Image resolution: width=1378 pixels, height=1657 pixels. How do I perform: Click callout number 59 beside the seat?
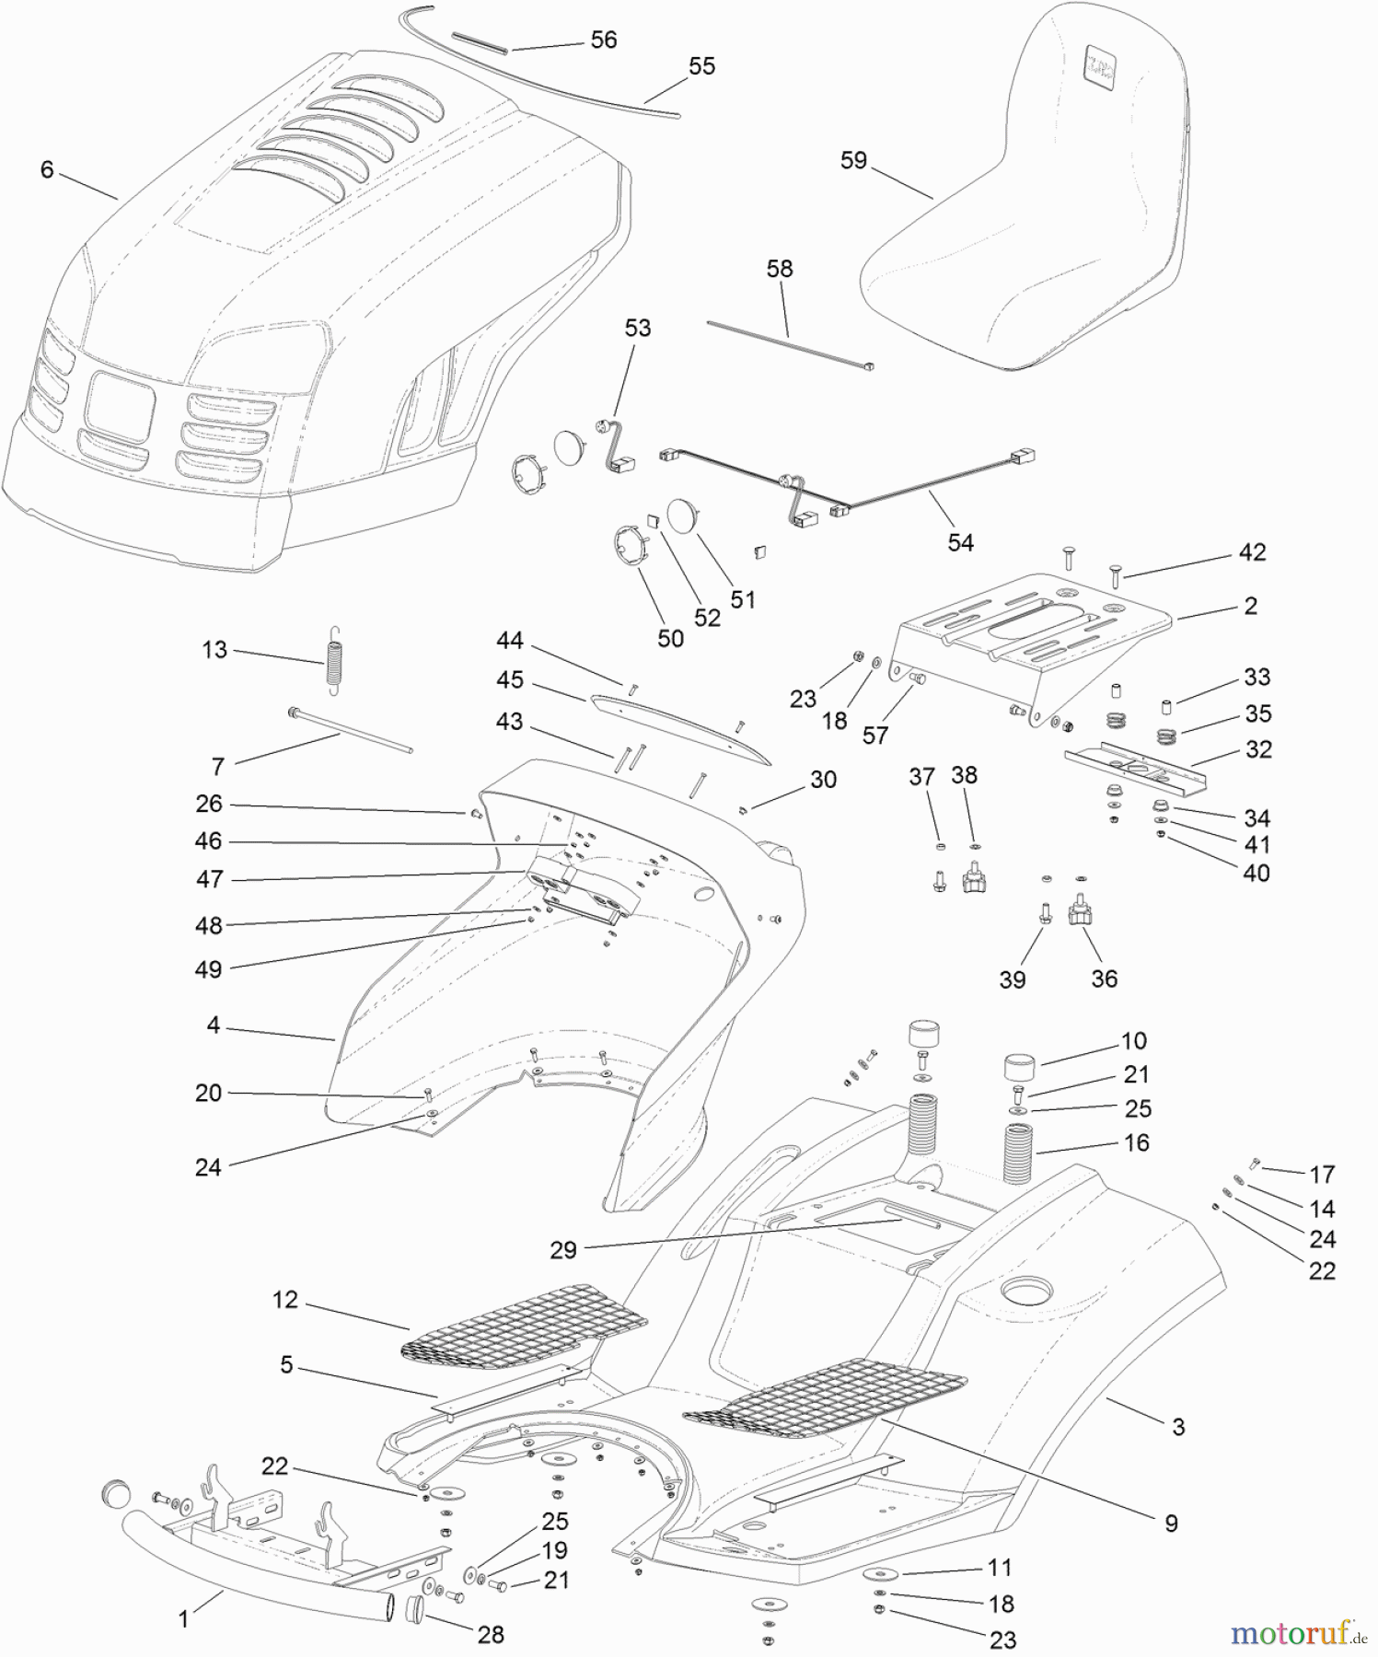coord(853,160)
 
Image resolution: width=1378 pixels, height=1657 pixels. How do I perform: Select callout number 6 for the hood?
coord(47,169)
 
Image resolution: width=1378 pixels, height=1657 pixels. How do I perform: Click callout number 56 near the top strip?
coord(603,40)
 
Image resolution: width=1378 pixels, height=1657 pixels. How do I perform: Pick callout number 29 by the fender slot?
coord(562,1249)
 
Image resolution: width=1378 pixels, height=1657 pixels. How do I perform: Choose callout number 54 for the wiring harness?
coord(959,542)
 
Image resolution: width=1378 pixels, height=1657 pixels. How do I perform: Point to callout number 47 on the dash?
coord(209,879)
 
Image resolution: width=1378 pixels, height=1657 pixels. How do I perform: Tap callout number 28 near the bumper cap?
coord(491,1634)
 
